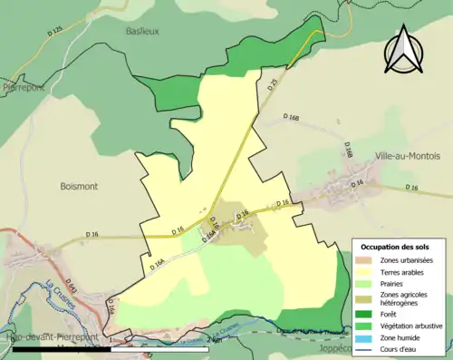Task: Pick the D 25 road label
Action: (x=273, y=86)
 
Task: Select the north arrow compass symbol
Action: (x=404, y=49)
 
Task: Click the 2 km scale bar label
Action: (x=214, y=340)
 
